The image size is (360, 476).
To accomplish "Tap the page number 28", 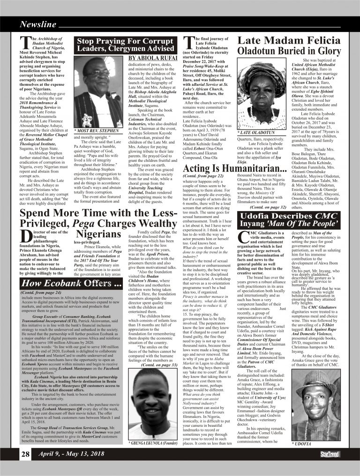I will click(x=25, y=468).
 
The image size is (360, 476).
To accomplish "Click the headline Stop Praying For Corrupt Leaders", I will click(x=126, y=44).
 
